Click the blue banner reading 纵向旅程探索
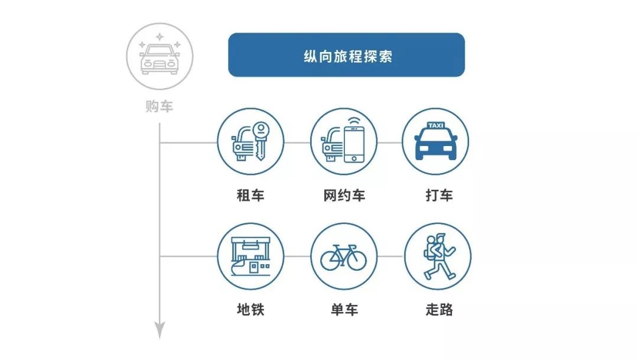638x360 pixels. point(346,55)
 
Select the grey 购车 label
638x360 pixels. point(159,106)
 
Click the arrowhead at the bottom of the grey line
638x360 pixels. point(159,330)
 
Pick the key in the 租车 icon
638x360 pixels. point(261,141)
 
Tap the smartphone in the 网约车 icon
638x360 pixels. point(354,145)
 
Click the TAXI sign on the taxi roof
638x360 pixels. point(435,125)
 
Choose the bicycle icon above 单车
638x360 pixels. point(344,257)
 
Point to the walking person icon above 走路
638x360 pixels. point(438,256)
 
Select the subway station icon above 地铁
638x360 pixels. point(250,256)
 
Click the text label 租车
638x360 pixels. point(250,195)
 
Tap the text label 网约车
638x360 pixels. point(344,195)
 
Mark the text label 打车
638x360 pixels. point(440,195)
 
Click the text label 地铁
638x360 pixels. point(250,310)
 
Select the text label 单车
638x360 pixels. point(344,310)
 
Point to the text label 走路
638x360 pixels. point(440,310)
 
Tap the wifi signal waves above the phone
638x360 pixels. point(354,121)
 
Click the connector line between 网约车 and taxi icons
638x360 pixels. point(390,142)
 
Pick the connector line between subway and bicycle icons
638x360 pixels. point(297,257)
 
